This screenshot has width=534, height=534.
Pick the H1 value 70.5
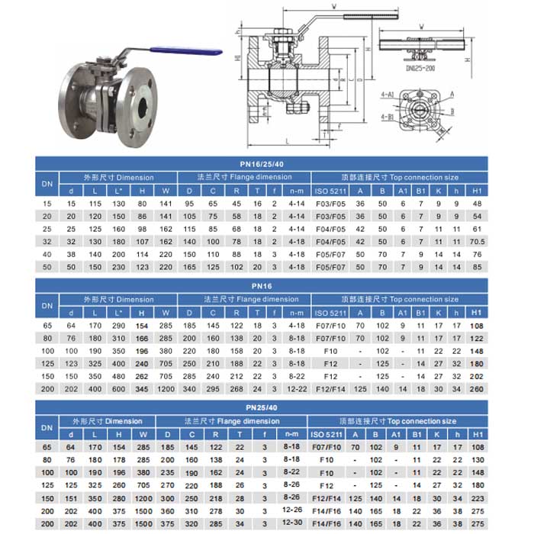click(478, 241)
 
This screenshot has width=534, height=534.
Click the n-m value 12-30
click(291, 521)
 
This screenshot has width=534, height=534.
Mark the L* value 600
click(118, 388)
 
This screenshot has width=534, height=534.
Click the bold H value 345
click(142, 388)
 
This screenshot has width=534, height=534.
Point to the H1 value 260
click(478, 388)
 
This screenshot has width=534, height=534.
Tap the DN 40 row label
click(47, 253)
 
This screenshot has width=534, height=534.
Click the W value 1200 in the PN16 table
click(166, 388)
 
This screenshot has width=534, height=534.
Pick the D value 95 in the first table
click(189, 204)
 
